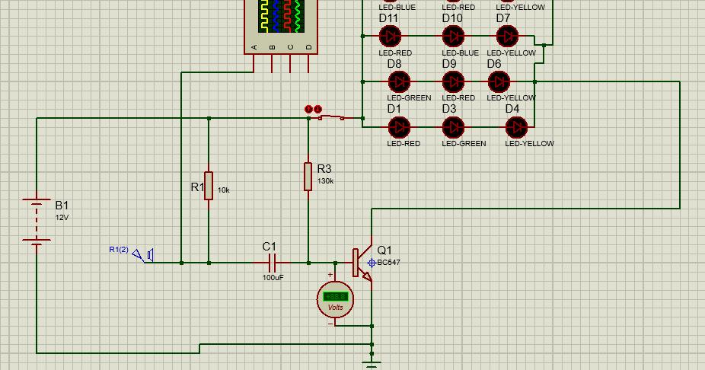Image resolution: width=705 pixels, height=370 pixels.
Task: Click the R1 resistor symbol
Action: click(209, 186)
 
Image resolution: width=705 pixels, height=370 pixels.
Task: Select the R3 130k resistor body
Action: click(308, 176)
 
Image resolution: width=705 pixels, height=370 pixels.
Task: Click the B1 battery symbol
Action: click(36, 222)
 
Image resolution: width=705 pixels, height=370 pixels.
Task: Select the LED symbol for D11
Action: click(391, 35)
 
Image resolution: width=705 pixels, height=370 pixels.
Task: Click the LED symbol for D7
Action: click(508, 35)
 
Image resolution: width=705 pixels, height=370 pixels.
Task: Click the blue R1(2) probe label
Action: click(119, 250)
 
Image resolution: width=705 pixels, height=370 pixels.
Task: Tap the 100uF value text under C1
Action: click(273, 278)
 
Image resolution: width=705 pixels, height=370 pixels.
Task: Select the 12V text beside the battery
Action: click(62, 218)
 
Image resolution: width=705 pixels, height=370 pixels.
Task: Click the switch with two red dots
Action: click(324, 115)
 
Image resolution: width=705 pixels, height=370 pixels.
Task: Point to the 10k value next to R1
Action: click(224, 190)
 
